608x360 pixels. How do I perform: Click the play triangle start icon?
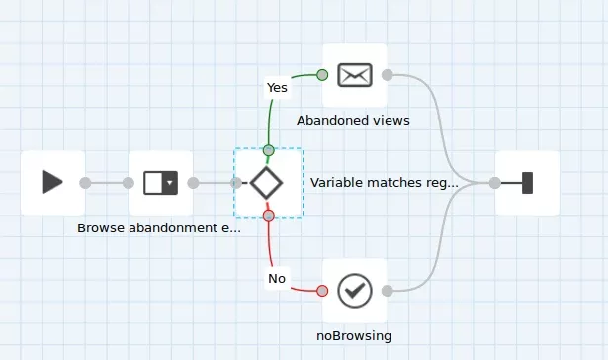tap(52, 182)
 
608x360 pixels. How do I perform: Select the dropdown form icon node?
tap(160, 183)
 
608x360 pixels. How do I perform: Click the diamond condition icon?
tap(266, 183)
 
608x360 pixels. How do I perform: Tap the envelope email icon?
tap(355, 75)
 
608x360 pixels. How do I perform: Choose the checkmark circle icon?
tap(355, 291)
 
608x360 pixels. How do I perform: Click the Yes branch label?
tap(277, 88)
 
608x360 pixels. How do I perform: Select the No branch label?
tap(277, 279)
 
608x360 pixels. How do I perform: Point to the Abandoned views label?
tap(353, 121)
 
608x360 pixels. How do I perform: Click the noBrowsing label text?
tap(354, 336)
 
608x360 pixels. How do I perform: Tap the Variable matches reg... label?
tap(385, 183)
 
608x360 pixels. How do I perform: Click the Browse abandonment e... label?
tap(159, 228)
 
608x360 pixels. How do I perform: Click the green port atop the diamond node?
tap(269, 150)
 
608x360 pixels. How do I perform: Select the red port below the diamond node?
tap(269, 216)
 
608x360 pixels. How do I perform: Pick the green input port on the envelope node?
tap(322, 75)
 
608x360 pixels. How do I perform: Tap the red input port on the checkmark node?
tap(322, 291)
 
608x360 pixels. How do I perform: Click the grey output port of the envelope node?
tap(388, 75)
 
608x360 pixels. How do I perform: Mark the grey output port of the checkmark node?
tap(388, 291)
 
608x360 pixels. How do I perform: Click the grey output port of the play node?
tap(85, 183)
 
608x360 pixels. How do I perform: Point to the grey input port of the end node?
tap(494, 183)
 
